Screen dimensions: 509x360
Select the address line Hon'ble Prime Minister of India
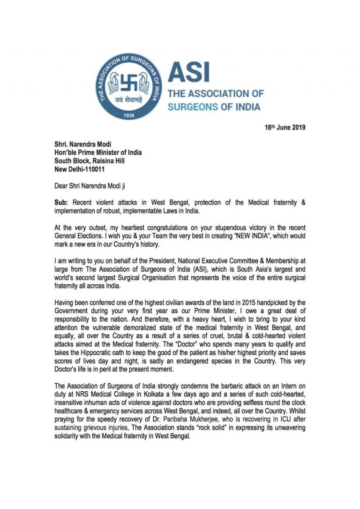[x=98, y=153]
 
